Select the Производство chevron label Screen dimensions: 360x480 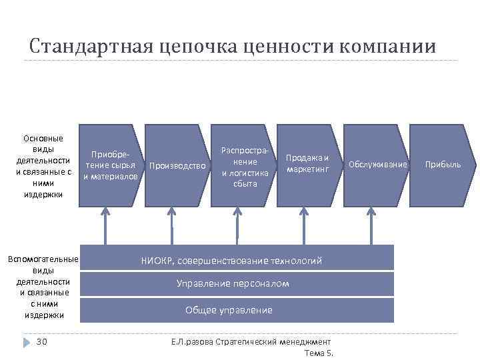pyautogui.click(x=178, y=165)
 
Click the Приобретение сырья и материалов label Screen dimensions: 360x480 pyautogui.click(x=111, y=165)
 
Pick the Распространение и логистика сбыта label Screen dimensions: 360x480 pyautogui.click(x=245, y=167)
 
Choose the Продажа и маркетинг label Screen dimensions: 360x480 pyautogui.click(x=307, y=163)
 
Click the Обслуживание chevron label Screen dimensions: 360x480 pyautogui.click(x=377, y=164)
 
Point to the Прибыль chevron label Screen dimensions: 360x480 pyautogui.click(x=443, y=164)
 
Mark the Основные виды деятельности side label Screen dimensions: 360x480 pyautogui.click(x=43, y=166)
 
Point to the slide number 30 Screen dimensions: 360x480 pyautogui.click(x=41, y=342)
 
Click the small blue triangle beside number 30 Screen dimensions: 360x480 pyautogui.click(x=26, y=342)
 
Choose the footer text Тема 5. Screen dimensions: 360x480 pyautogui.click(x=318, y=353)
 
